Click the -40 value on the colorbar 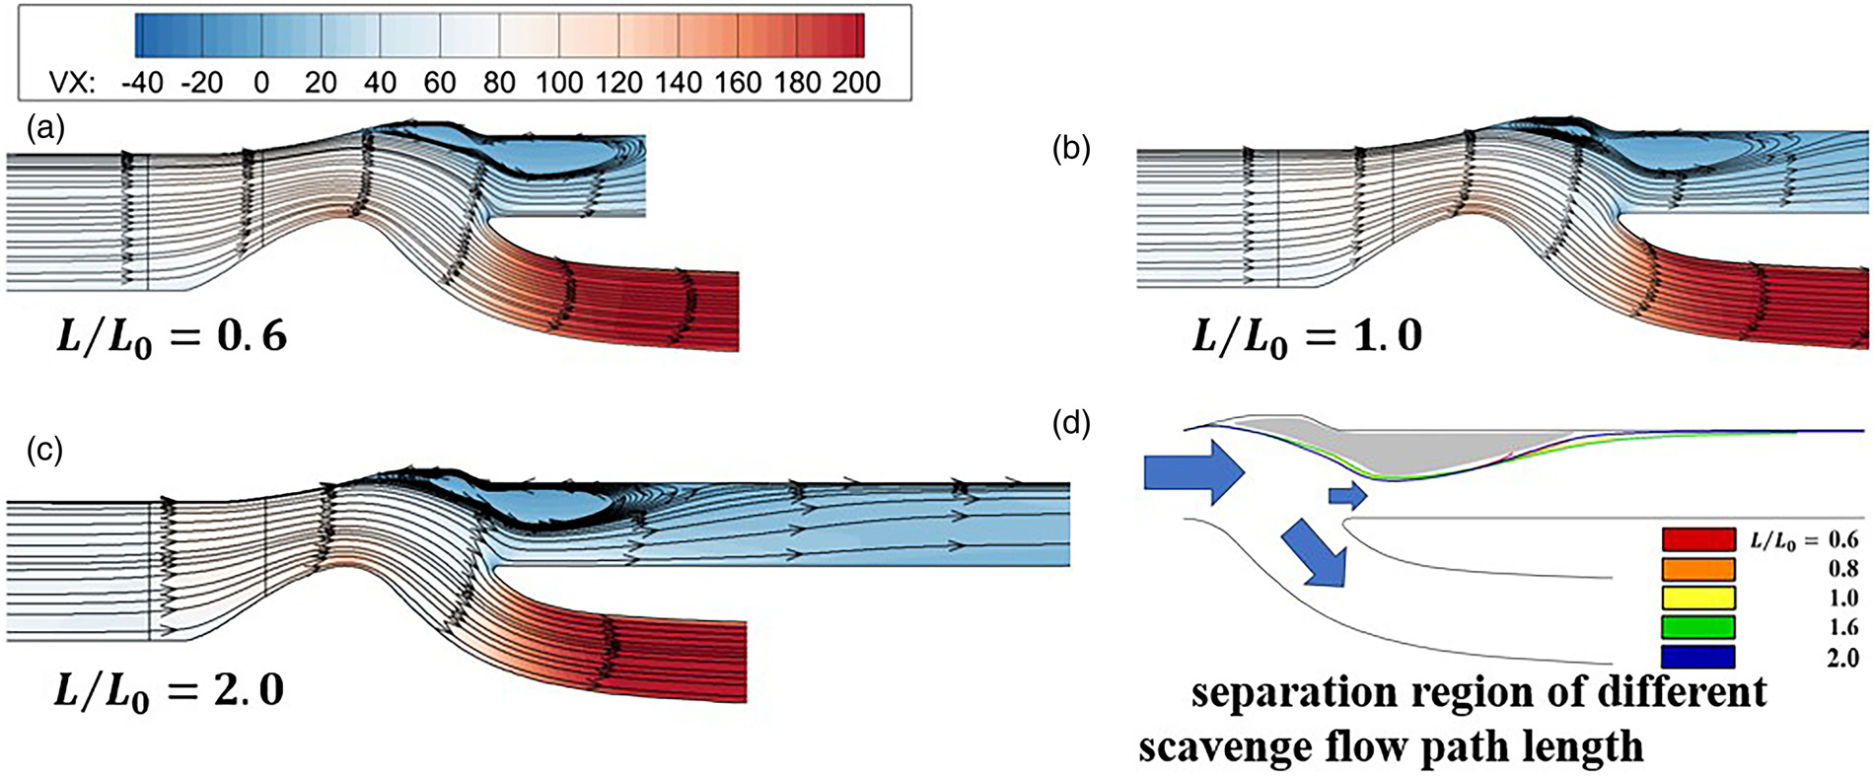pyautogui.click(x=142, y=82)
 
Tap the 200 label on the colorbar pyautogui.click(x=855, y=82)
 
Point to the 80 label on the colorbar pyautogui.click(x=499, y=82)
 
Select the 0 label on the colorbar pyautogui.click(x=261, y=82)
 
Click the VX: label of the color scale pyautogui.click(x=72, y=82)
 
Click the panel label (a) pyautogui.click(x=46, y=128)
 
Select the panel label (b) pyautogui.click(x=1071, y=149)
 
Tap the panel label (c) pyautogui.click(x=46, y=450)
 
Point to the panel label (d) pyautogui.click(x=1071, y=424)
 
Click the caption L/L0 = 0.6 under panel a pyautogui.click(x=171, y=338)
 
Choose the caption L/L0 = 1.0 pyautogui.click(x=1307, y=338)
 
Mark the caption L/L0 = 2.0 pyautogui.click(x=169, y=690)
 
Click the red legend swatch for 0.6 pyautogui.click(x=1697, y=539)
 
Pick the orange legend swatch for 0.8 pyautogui.click(x=1697, y=569)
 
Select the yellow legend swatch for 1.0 pyautogui.click(x=1697, y=598)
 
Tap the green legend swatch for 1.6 pyautogui.click(x=1697, y=627)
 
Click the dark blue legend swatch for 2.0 pyautogui.click(x=1697, y=657)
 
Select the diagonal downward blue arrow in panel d pyautogui.click(x=1317, y=554)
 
